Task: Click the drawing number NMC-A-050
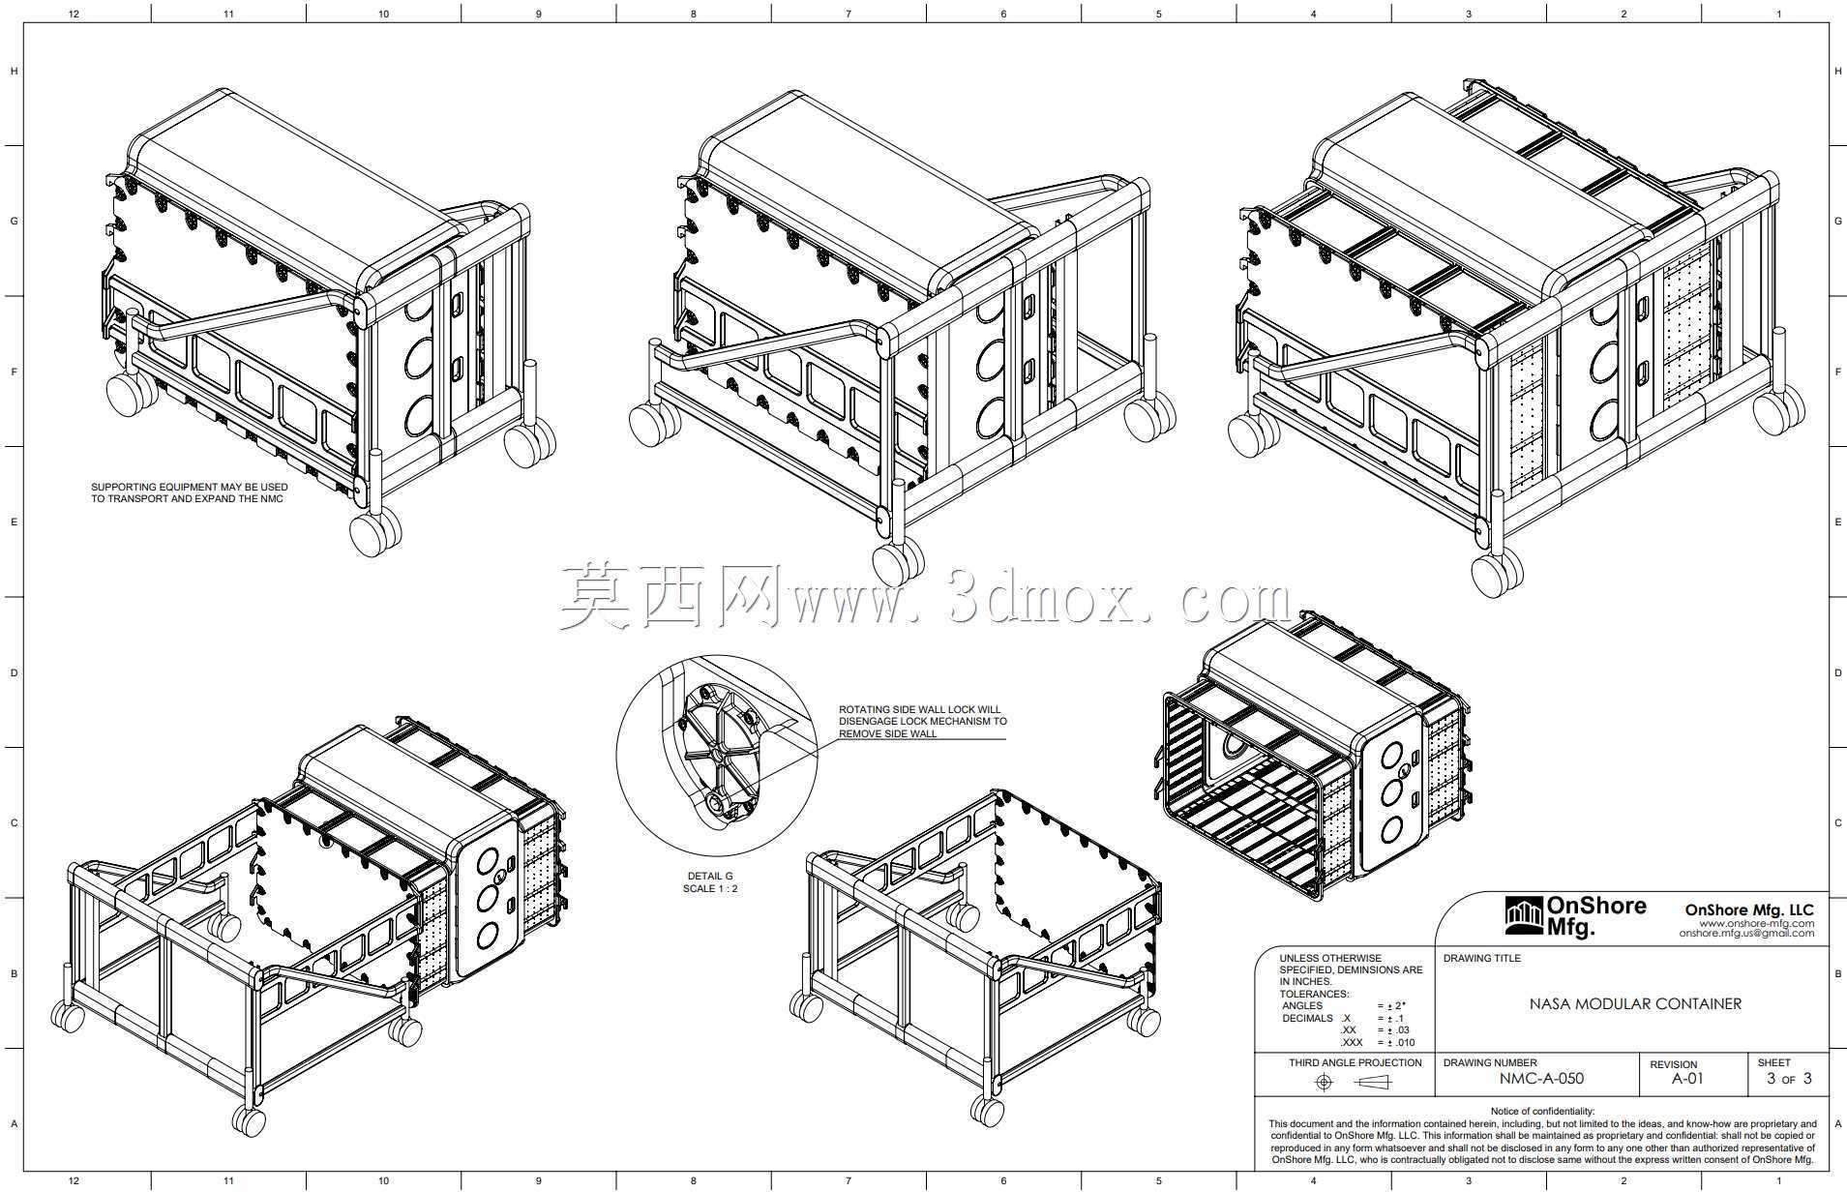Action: pos(1541,1079)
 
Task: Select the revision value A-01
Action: pos(1687,1079)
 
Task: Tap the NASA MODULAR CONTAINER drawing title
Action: pos(1635,1004)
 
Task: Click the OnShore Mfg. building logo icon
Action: pos(1524,916)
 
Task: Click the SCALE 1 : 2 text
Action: pos(709,888)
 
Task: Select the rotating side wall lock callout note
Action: pos(922,722)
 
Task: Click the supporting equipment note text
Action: pos(190,492)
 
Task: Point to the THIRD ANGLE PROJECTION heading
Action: pos(1355,1062)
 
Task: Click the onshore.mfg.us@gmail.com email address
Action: pos(1746,934)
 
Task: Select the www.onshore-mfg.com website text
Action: pos(1757,923)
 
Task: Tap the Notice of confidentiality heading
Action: pos(1542,1112)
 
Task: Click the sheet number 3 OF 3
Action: pos(1789,1079)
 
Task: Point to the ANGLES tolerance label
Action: pos(1301,1006)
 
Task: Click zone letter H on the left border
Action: pos(14,72)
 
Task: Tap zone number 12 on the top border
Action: pos(74,14)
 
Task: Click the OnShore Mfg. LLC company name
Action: pos(1749,909)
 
